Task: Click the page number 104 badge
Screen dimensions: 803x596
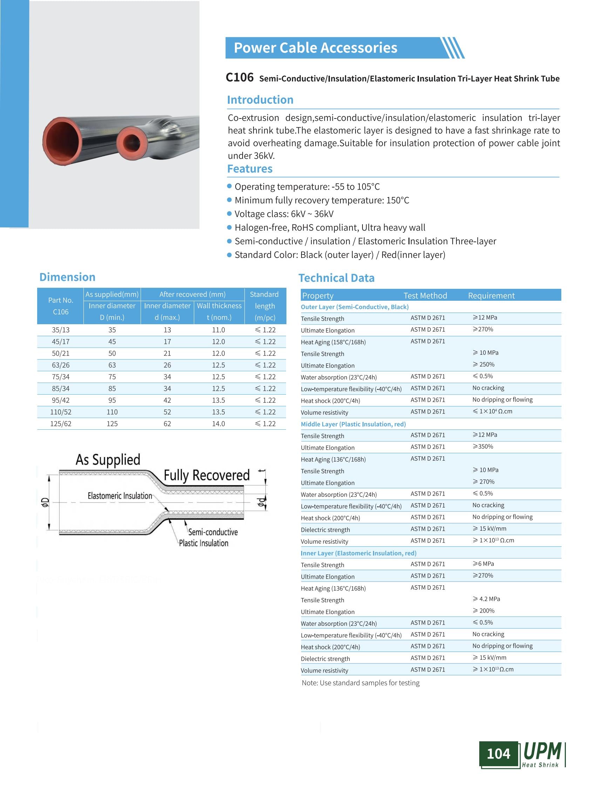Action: coord(498,754)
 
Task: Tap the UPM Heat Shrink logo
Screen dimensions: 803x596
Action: coord(542,754)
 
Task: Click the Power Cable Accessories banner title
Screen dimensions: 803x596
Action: coord(315,48)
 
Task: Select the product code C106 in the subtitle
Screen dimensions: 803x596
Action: coord(239,77)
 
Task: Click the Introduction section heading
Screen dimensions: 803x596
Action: coord(260,100)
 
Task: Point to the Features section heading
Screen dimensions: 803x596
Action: coord(250,169)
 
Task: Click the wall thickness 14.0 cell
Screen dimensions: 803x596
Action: coord(218,424)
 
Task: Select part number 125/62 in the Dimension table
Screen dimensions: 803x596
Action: coord(61,424)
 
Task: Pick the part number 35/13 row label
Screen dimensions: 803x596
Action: coord(61,330)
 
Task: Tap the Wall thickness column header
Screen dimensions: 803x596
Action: coord(219,306)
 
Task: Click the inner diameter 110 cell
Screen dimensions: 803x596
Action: coord(112,412)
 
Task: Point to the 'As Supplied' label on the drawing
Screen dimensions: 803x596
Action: coord(108,460)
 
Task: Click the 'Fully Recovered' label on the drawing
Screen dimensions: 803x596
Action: coord(206,475)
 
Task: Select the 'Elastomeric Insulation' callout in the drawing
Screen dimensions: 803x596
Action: coord(120,496)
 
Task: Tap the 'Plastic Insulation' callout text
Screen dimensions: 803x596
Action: coord(204,543)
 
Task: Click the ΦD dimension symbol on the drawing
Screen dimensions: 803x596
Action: coord(45,502)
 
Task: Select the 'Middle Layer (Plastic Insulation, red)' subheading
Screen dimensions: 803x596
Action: coord(353,424)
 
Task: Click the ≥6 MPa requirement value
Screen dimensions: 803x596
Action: coord(483,564)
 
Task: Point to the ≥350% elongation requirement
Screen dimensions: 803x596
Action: coord(483,447)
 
